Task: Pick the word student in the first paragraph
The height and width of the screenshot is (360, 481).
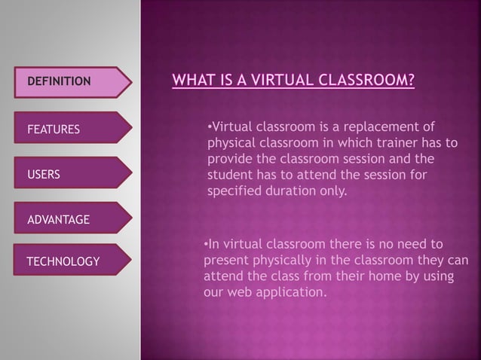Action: (x=227, y=175)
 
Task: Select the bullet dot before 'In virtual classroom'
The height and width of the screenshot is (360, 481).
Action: (x=207, y=244)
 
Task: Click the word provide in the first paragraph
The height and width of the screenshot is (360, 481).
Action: (x=229, y=160)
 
